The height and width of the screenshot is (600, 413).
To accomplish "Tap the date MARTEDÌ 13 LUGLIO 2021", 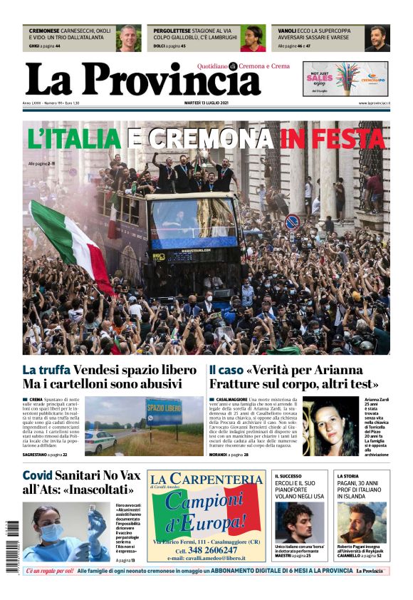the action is click(206, 103).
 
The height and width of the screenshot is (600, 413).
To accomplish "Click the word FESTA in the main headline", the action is click(344, 138).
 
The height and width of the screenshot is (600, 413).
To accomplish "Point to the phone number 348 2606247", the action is click(206, 550).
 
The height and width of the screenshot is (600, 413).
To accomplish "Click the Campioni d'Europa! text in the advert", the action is click(206, 512).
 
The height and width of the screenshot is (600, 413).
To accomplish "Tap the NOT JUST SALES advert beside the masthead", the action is click(345, 78).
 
